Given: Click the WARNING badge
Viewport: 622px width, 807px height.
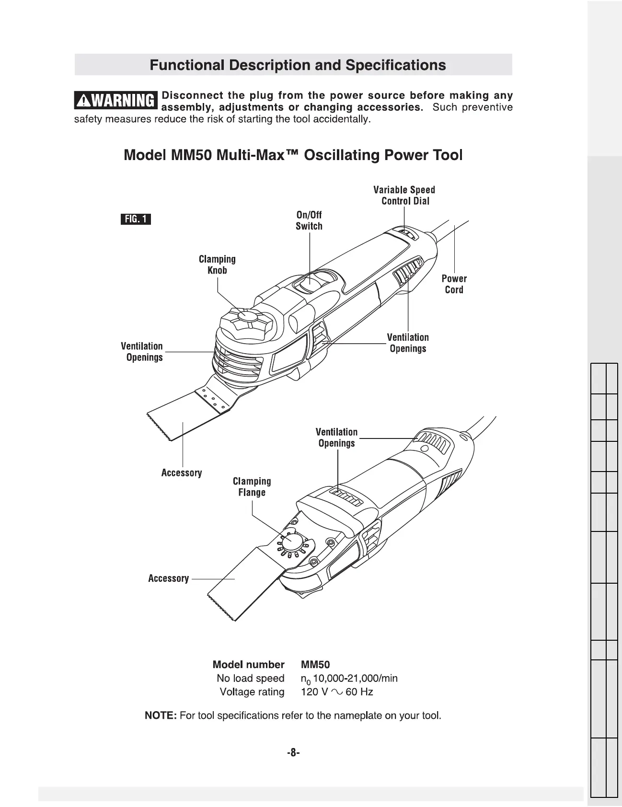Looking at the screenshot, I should [x=116, y=101].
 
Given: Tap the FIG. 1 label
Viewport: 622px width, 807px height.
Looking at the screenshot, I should [x=136, y=219].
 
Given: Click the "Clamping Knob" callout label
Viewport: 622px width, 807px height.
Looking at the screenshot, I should [x=217, y=265].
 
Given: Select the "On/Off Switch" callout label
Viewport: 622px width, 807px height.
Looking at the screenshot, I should [x=309, y=220].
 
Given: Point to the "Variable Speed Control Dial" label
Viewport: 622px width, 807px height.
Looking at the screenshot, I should [x=404, y=196].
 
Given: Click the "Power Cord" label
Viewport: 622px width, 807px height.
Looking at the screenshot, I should [x=454, y=284].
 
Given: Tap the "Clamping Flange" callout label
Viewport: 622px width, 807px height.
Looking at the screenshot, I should [x=252, y=487].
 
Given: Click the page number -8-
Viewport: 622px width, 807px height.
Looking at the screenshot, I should [x=293, y=753].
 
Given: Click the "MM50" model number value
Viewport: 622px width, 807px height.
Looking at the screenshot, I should [x=315, y=665].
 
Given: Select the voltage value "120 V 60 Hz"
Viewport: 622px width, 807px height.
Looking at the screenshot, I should [x=337, y=692].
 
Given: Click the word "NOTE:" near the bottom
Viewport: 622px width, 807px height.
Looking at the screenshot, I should [x=161, y=715].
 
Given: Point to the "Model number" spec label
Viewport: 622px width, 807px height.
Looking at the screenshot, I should [x=248, y=665].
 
